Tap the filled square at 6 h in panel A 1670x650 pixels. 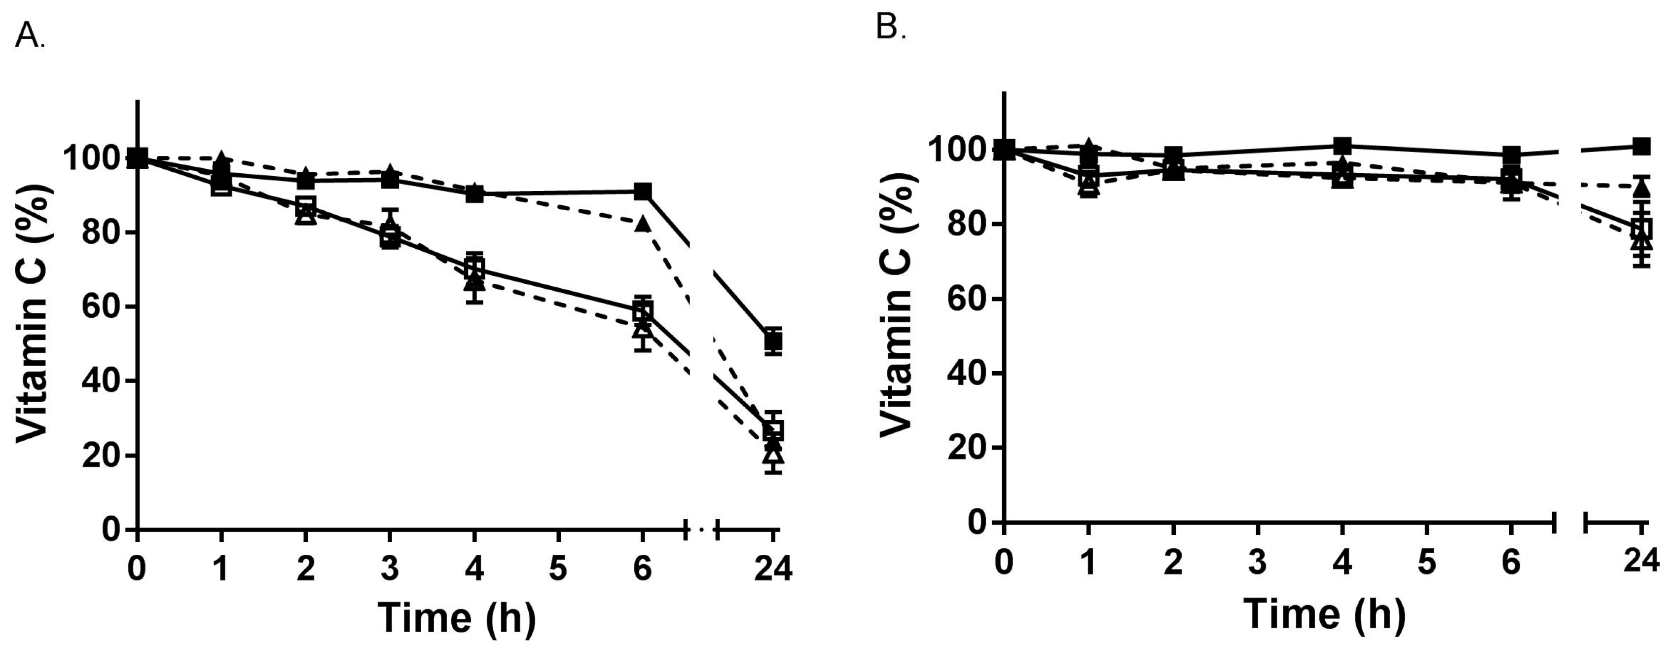pos(643,191)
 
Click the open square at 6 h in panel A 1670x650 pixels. pos(643,311)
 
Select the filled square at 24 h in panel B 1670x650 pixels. pos(1641,146)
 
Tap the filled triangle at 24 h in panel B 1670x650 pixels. pos(1641,189)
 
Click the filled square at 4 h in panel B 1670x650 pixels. pos(1343,145)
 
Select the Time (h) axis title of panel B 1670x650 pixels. pos(1324,613)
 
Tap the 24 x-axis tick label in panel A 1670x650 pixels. pos(773,570)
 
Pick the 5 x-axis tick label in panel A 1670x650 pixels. pos(558,570)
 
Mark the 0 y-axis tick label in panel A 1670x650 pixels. pos(111,530)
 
